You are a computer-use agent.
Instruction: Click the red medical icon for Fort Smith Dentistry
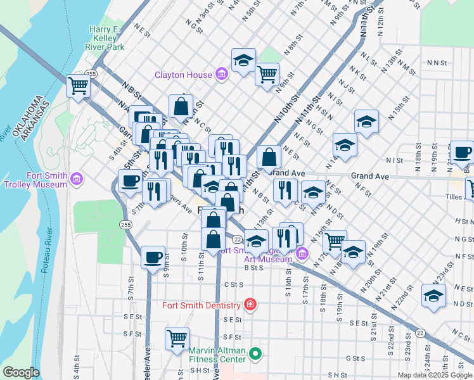pos(250,305)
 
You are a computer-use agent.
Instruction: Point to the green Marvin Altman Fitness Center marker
pos(255,353)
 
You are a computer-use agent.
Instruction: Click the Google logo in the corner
pos(21,372)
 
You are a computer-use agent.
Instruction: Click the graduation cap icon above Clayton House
pos(243,60)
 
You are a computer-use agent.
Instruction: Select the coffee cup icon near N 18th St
pos(463,152)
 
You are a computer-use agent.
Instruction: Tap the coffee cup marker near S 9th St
pos(153,257)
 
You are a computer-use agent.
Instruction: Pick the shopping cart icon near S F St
pos(177,337)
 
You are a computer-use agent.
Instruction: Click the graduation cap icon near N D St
pos(433,296)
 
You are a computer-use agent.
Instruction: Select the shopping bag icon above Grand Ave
pos(269,156)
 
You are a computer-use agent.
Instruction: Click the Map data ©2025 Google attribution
pos(435,375)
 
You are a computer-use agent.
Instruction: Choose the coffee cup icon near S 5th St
pos(130,180)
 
